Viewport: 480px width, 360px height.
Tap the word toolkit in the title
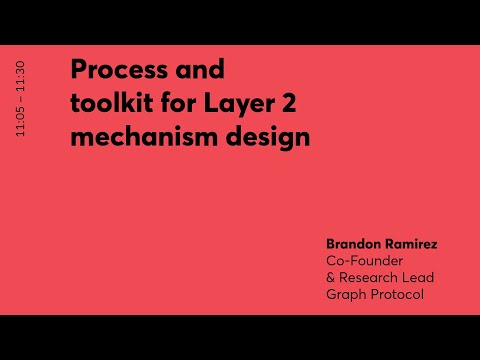pyautogui.click(x=107, y=104)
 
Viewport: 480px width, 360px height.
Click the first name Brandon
pyautogui.click(x=353, y=243)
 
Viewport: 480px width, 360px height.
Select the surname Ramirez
pyautogui.click(x=412, y=243)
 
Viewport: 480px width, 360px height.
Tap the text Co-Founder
pyautogui.click(x=362, y=260)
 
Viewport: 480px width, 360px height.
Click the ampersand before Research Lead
pyautogui.click(x=331, y=277)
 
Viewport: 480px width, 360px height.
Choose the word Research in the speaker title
pyautogui.click(x=369, y=277)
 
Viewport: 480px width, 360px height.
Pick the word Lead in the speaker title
pyautogui.click(x=417, y=277)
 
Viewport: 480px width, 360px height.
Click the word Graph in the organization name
pyautogui.click(x=345, y=294)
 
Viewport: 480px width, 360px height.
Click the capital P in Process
pyautogui.click(x=78, y=71)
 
